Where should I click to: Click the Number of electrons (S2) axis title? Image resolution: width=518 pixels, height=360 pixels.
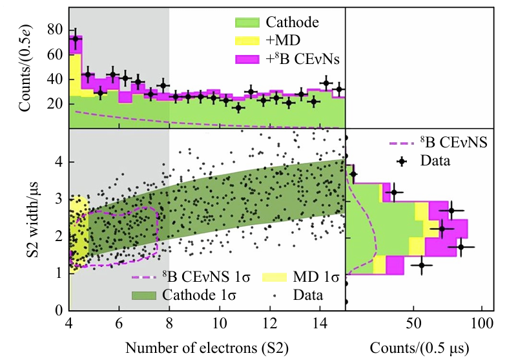[x=207, y=347]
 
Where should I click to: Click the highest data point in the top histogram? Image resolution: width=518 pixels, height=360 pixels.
[x=76, y=39]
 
